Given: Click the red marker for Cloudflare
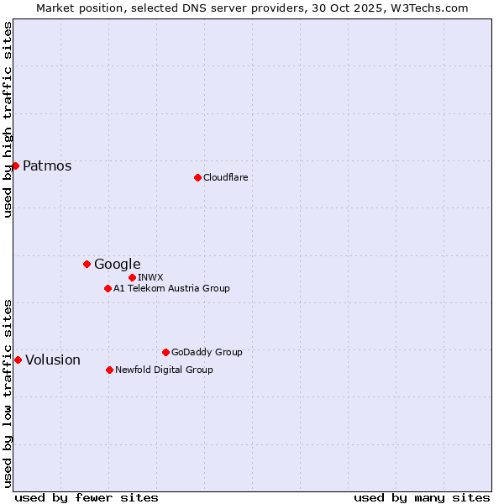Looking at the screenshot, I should tap(197, 177).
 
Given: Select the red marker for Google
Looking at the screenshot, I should tap(87, 264).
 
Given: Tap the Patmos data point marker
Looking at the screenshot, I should tap(15, 165).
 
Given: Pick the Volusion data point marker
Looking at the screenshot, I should tap(18, 360).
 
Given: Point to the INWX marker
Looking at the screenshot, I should tap(132, 277).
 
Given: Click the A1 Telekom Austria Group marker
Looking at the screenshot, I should tap(108, 288).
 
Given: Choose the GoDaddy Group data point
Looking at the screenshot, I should tap(165, 352).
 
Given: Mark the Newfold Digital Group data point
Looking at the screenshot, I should tap(109, 370).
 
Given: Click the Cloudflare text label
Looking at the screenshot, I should tap(225, 177).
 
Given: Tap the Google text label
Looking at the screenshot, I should tap(117, 264).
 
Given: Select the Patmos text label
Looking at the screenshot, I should tap(47, 165).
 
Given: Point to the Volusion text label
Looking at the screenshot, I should tap(53, 360).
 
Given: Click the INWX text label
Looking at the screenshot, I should tap(150, 277).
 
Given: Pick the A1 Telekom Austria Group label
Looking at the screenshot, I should tap(171, 288).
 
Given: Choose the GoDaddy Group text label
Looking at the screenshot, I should tap(207, 352).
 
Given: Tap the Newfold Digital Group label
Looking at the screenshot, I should tap(164, 370).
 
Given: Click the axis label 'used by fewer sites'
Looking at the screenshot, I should tap(87, 497).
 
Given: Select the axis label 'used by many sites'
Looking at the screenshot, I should tap(422, 497).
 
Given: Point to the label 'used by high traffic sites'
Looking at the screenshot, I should tap(8, 119).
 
